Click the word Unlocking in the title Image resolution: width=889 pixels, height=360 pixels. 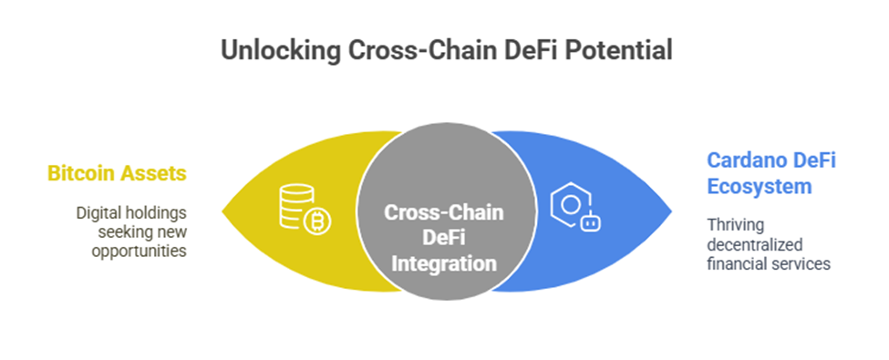280,50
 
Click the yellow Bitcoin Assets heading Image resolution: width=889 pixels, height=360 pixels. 117,173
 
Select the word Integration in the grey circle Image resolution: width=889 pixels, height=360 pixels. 445,263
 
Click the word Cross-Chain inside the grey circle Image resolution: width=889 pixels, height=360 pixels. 444,212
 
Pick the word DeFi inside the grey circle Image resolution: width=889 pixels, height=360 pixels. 444,238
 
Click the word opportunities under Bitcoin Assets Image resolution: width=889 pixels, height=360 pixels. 140,252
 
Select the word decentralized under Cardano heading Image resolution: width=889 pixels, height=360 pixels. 755,244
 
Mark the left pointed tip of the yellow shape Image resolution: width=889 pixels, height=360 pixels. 222,212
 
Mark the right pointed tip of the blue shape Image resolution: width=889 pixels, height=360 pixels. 672,211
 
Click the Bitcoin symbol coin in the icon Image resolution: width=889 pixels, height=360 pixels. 317,221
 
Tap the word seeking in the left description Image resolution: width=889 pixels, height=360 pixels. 119,232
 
